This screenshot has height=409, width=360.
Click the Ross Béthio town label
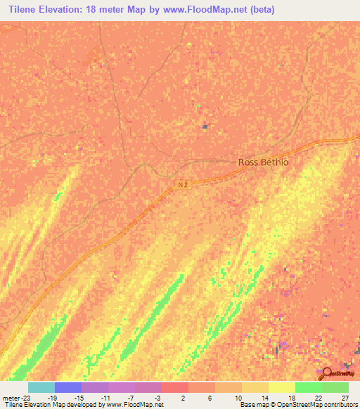pos(264,162)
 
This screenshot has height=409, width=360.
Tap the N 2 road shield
pos(182,185)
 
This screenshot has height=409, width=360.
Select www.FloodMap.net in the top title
pos(210,10)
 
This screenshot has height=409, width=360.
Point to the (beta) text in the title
pos(259,10)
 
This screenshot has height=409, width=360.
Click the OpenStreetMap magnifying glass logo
pos(326,373)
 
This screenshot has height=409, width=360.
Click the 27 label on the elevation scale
pos(344,398)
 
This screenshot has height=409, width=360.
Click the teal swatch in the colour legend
pos(41,387)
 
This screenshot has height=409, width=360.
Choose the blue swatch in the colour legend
pos(67,387)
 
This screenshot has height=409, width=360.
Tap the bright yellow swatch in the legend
pos(281,387)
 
